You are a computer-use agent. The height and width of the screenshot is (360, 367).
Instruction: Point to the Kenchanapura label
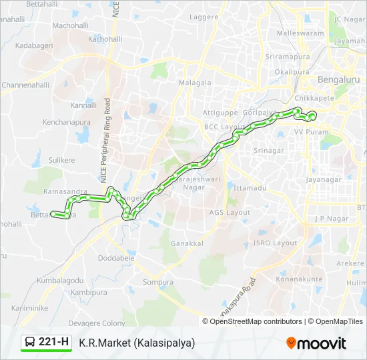pyautogui.click(x=67, y=123)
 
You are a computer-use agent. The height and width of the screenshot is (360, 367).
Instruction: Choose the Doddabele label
pyautogui.click(x=116, y=257)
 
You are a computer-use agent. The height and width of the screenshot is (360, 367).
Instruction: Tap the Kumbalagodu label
pyautogui.click(x=60, y=281)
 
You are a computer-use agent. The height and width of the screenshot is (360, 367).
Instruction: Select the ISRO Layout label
pyautogui.click(x=275, y=243)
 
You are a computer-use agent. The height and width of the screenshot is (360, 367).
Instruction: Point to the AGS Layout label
pyautogui.click(x=230, y=213)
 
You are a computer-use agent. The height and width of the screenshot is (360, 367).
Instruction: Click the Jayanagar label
pyautogui.click(x=324, y=180)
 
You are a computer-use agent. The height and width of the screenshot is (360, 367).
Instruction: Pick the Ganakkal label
pyautogui.click(x=187, y=243)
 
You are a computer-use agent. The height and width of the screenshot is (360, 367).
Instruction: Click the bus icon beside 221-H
pyautogui.click(x=30, y=343)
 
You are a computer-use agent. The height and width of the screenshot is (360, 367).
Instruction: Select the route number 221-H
pyautogui.click(x=54, y=343)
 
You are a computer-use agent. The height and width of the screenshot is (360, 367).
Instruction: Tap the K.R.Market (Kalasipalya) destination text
pyautogui.click(x=137, y=343)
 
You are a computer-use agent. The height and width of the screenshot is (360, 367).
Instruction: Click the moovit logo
pyautogui.click(x=316, y=343)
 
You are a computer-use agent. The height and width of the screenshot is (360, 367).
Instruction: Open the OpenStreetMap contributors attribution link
pyautogui.click(x=256, y=321)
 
